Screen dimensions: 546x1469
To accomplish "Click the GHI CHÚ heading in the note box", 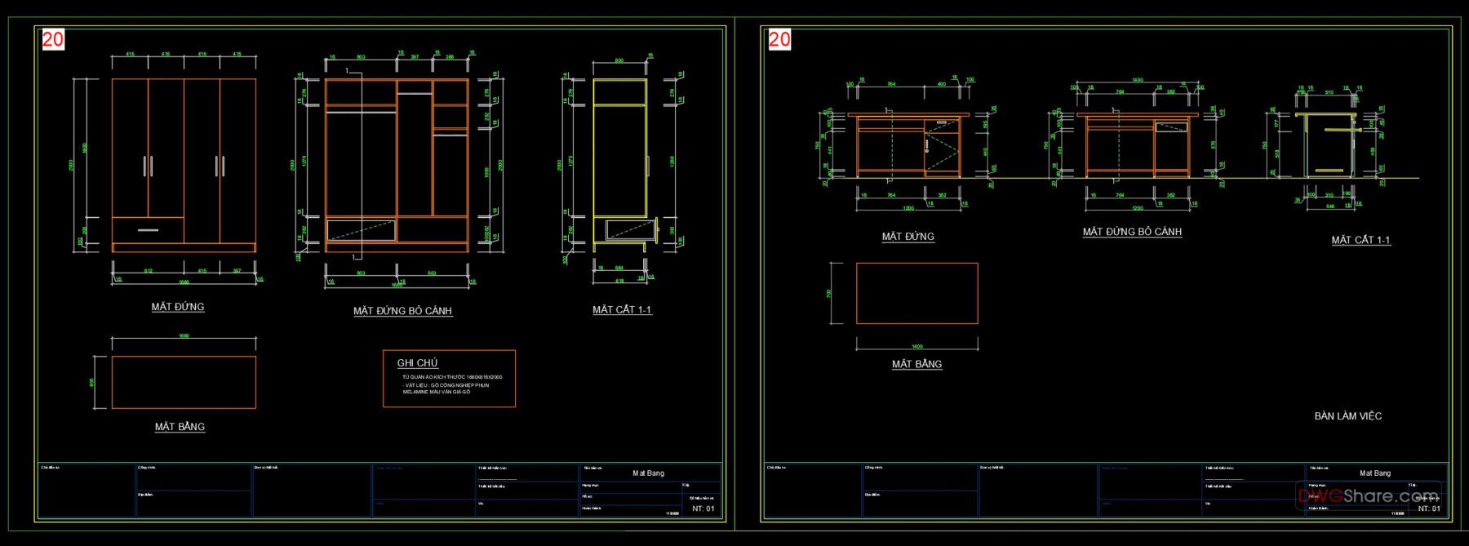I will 417,363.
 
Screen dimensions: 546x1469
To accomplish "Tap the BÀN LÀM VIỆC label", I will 1347,416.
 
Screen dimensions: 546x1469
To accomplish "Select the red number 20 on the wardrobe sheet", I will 53,39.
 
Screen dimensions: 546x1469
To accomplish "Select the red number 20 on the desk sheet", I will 779,39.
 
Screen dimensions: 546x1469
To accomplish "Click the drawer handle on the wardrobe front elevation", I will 148,230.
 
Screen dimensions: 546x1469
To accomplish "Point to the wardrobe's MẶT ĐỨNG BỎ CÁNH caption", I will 402,311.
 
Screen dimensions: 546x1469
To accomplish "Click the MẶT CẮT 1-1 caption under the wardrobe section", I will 622,310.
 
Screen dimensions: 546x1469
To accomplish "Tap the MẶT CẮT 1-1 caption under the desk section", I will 1360,240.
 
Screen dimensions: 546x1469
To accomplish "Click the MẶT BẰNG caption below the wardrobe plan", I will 180,427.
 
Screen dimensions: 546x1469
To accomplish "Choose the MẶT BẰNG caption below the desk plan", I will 916,364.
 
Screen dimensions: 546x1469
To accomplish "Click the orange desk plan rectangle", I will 916,293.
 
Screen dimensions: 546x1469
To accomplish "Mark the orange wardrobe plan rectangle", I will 184,382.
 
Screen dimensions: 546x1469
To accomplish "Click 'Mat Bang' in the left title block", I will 648,473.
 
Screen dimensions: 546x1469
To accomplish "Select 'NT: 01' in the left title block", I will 703,508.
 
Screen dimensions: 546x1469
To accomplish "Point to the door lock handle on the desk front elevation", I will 928,146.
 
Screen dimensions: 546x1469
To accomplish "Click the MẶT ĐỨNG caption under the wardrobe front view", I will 178,307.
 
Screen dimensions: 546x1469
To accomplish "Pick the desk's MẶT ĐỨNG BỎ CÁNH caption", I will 1132,232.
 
